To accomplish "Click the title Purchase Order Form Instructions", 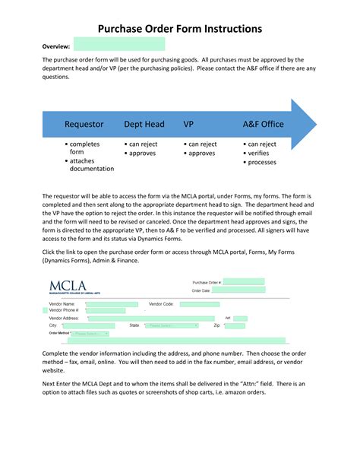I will pyautogui.click(x=180, y=28).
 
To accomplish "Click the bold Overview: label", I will pyautogui.click(x=55, y=46).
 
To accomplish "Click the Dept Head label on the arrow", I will pyautogui.click(x=144, y=124).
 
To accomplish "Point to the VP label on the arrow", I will pyautogui.click(x=188, y=124).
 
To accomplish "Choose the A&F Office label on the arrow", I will pyautogui.click(x=263, y=124).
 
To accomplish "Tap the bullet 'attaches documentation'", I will pyautogui.click(x=91, y=165).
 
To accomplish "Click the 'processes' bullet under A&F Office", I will pyautogui.click(x=262, y=162).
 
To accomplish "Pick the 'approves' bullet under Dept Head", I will pyautogui.click(x=142, y=153).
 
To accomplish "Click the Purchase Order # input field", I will pyautogui.click(x=243, y=281).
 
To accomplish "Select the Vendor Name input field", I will pyautogui.click(x=117, y=303).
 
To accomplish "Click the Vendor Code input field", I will pyautogui.click(x=199, y=303).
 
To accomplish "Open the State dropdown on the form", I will pyautogui.click(x=172, y=325).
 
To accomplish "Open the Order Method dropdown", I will pyautogui.click(x=90, y=333).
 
